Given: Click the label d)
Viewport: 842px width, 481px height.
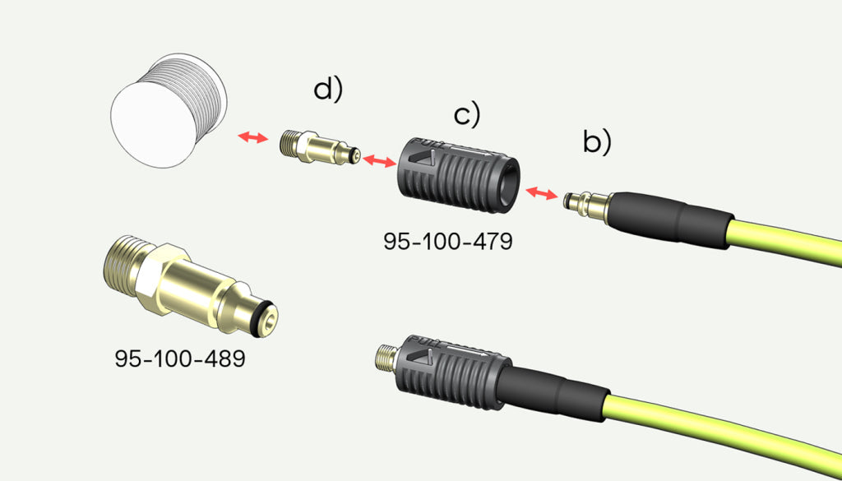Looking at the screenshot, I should [327, 90].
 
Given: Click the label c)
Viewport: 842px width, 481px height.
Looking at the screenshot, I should [466, 115].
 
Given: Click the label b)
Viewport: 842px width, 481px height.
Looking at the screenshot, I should [597, 142].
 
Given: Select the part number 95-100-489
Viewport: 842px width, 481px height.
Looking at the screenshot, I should [180, 359].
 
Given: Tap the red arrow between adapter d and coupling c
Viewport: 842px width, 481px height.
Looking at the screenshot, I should [379, 162].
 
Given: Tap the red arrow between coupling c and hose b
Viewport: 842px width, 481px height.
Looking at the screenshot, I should [540, 192].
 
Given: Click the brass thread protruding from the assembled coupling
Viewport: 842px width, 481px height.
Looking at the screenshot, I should [384, 356].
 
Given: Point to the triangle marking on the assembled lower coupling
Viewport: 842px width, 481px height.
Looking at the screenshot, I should [424, 357].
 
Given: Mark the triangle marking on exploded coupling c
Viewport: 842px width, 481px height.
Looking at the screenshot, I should [423, 156].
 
